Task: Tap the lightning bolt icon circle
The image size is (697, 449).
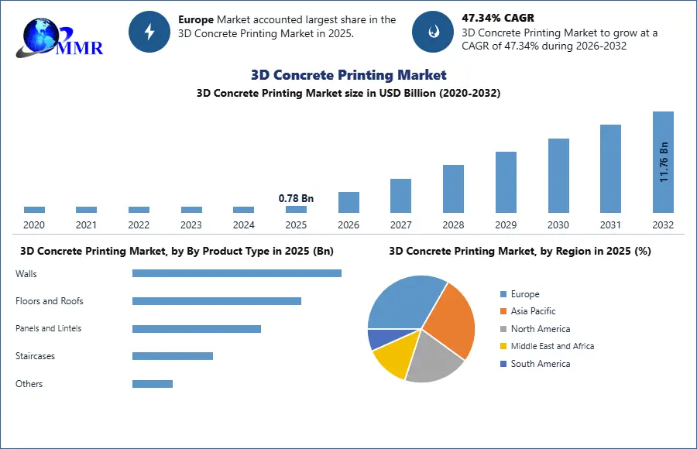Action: [x=149, y=32]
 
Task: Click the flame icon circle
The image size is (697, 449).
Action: [x=432, y=32]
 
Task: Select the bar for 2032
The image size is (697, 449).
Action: [x=663, y=162]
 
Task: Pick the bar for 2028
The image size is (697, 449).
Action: [x=453, y=188]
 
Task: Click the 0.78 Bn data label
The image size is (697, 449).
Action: [x=296, y=199]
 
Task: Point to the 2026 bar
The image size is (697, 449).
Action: [x=348, y=202]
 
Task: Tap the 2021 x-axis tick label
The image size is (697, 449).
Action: [x=86, y=225]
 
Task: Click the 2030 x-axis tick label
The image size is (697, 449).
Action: [x=558, y=225]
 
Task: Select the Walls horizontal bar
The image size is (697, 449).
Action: [x=236, y=273]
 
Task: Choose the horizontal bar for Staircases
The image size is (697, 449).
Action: [x=172, y=356]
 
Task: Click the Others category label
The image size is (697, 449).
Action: [x=29, y=384]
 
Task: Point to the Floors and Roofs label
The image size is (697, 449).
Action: [x=50, y=301]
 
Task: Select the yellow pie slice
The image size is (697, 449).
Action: [x=391, y=358]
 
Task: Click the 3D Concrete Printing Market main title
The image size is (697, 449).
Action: [x=348, y=75]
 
